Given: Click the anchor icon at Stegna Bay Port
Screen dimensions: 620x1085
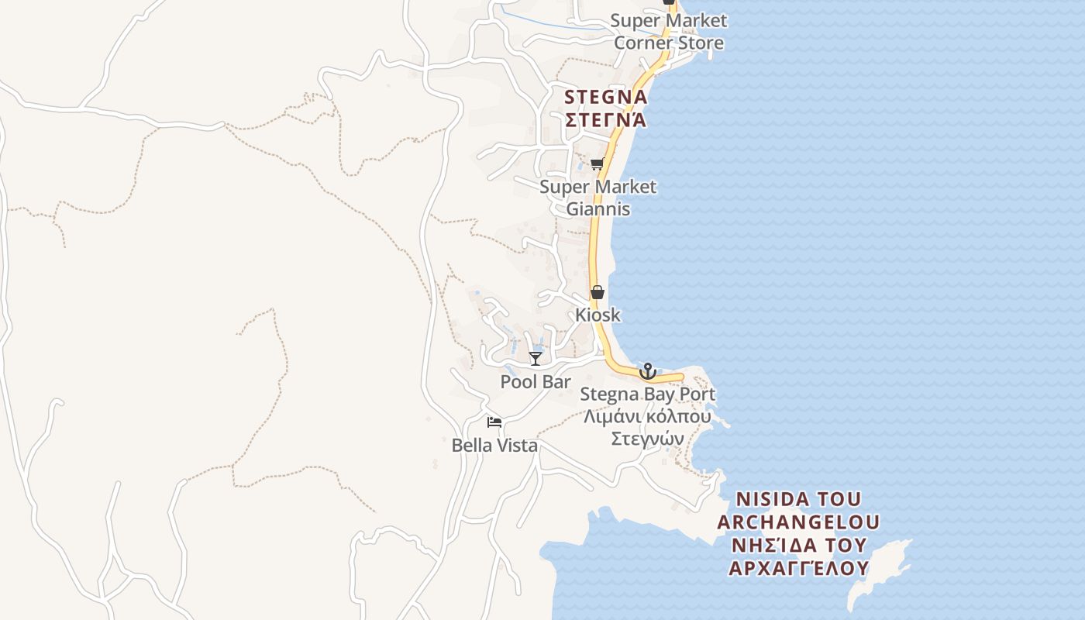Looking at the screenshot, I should click(x=647, y=370).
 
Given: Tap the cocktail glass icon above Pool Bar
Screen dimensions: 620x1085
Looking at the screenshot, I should click(x=536, y=358).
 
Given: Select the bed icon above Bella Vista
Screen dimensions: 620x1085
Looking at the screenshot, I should click(x=494, y=422).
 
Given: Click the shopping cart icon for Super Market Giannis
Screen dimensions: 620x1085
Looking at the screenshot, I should click(x=597, y=164).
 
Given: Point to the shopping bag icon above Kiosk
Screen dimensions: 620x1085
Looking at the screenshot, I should click(x=597, y=292).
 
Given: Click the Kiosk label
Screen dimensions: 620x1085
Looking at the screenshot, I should click(x=598, y=315).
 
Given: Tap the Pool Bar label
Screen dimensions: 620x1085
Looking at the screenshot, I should click(x=536, y=381).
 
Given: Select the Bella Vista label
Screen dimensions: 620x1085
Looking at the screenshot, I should click(x=494, y=446).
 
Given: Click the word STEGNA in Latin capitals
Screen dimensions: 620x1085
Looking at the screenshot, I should click(x=606, y=98).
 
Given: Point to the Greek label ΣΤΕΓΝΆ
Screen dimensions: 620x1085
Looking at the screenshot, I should click(x=606, y=120).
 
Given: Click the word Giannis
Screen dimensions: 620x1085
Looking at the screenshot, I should click(x=598, y=209).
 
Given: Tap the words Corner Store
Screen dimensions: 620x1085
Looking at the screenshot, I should click(x=669, y=43).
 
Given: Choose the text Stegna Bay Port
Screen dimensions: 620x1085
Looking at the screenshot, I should click(x=648, y=394).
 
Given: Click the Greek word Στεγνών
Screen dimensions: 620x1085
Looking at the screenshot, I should click(x=647, y=439).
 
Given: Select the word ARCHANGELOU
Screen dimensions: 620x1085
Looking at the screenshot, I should click(x=797, y=522).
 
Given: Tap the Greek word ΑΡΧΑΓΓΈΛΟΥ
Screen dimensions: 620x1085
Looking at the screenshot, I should click(x=797, y=568).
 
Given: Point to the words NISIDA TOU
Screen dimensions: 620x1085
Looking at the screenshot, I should click(x=797, y=498).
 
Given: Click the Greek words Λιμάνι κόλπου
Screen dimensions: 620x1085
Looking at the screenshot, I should click(x=647, y=416).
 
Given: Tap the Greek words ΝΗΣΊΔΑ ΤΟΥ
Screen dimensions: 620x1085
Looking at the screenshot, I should click(x=797, y=545).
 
